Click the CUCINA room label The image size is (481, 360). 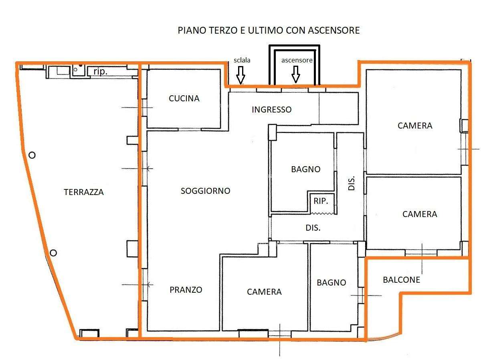pos(184,98)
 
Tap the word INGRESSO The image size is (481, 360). pos(271,109)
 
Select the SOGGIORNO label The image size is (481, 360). pos(205,191)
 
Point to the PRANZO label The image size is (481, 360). pos(186,290)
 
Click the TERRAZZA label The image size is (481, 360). pos(84,192)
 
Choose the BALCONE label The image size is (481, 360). pos(402,280)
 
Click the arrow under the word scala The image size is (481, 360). pos(240,75)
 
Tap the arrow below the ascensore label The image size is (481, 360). pos(295,74)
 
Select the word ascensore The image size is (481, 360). pos(297,60)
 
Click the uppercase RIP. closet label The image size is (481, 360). pos(321,201)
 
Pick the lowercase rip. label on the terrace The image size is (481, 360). pos(100,71)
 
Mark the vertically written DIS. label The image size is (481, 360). pos(351,183)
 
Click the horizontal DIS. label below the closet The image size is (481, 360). pos(313,228)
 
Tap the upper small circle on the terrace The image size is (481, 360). pos(32,155)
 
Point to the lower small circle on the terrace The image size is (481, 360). pos(53,253)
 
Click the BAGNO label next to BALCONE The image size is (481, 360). pos(331,283)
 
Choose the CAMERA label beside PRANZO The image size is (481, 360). pos(264,292)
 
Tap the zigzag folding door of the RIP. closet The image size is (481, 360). pos(322,213)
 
